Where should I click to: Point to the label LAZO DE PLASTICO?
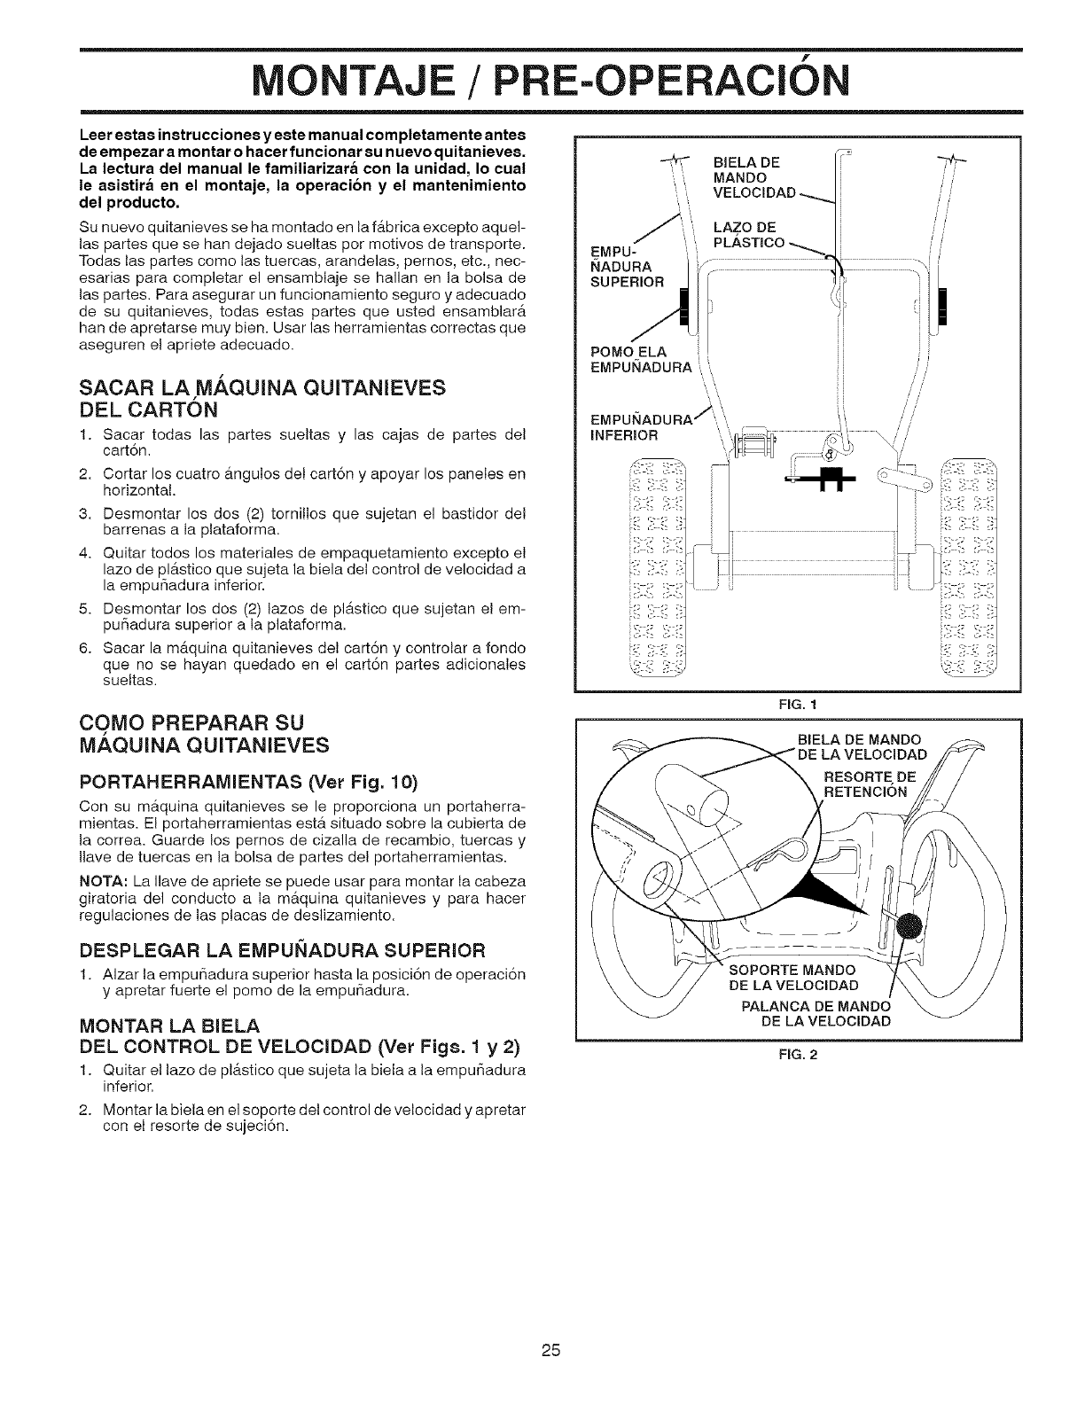749,235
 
